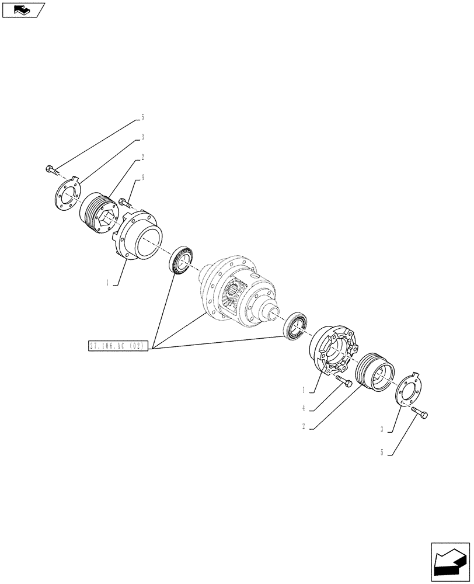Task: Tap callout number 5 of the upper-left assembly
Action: coord(142,117)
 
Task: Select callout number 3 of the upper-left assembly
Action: coord(142,137)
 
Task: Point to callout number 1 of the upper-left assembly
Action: coord(107,282)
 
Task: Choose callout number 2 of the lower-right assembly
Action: coord(304,426)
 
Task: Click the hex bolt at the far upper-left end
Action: coord(51,171)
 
